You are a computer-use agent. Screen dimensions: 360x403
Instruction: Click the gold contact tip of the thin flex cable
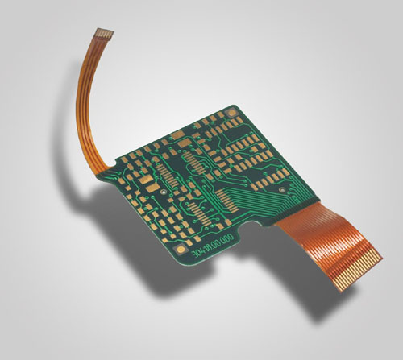pyautogui.click(x=103, y=33)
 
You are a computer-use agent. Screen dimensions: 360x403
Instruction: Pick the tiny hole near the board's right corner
pyautogui.click(x=283, y=191)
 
